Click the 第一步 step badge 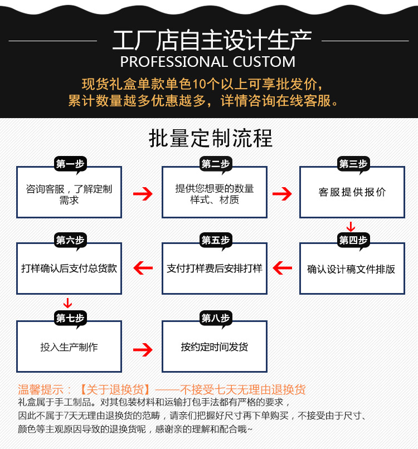pyautogui.click(x=70, y=164)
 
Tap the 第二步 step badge pyautogui.click(x=215, y=164)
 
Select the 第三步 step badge pyautogui.click(x=353, y=164)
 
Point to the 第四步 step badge pyautogui.click(x=353, y=240)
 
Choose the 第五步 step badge pyautogui.click(x=215, y=240)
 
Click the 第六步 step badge pyautogui.click(x=70, y=240)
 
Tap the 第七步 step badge pyautogui.click(x=70, y=318)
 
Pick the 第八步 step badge pyautogui.click(x=215, y=318)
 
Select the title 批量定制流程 pyautogui.click(x=211, y=138)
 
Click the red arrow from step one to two pyautogui.click(x=143, y=194)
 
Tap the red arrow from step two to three pyautogui.click(x=282, y=194)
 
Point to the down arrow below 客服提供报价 pyautogui.click(x=351, y=227)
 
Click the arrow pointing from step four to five pyautogui.click(x=282, y=268)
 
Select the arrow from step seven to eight pyautogui.click(x=143, y=349)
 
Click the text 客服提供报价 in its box pyautogui.click(x=352, y=192)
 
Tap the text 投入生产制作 pyautogui.click(x=69, y=347)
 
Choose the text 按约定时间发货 pyautogui.click(x=215, y=347)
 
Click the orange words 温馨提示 pyautogui.click(x=41, y=389)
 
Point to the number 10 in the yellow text pyautogui.click(x=199, y=84)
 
